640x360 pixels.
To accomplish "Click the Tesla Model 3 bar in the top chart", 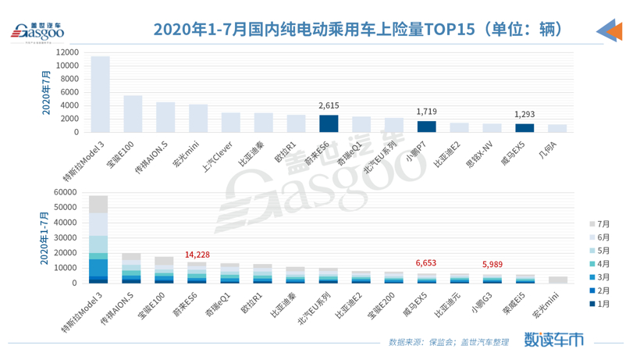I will [x=100, y=94].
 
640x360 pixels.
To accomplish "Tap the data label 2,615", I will [x=329, y=107].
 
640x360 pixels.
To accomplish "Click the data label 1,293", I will [x=524, y=116].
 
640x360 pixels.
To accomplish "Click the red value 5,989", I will [x=492, y=263].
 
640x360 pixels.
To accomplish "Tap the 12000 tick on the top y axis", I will [x=66, y=52].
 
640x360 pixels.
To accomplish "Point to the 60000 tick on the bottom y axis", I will [x=66, y=191].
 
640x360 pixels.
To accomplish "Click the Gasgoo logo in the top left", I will [x=37, y=31].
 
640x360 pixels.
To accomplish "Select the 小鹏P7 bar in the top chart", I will [x=426, y=127].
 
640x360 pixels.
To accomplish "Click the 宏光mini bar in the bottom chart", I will [x=557, y=280].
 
